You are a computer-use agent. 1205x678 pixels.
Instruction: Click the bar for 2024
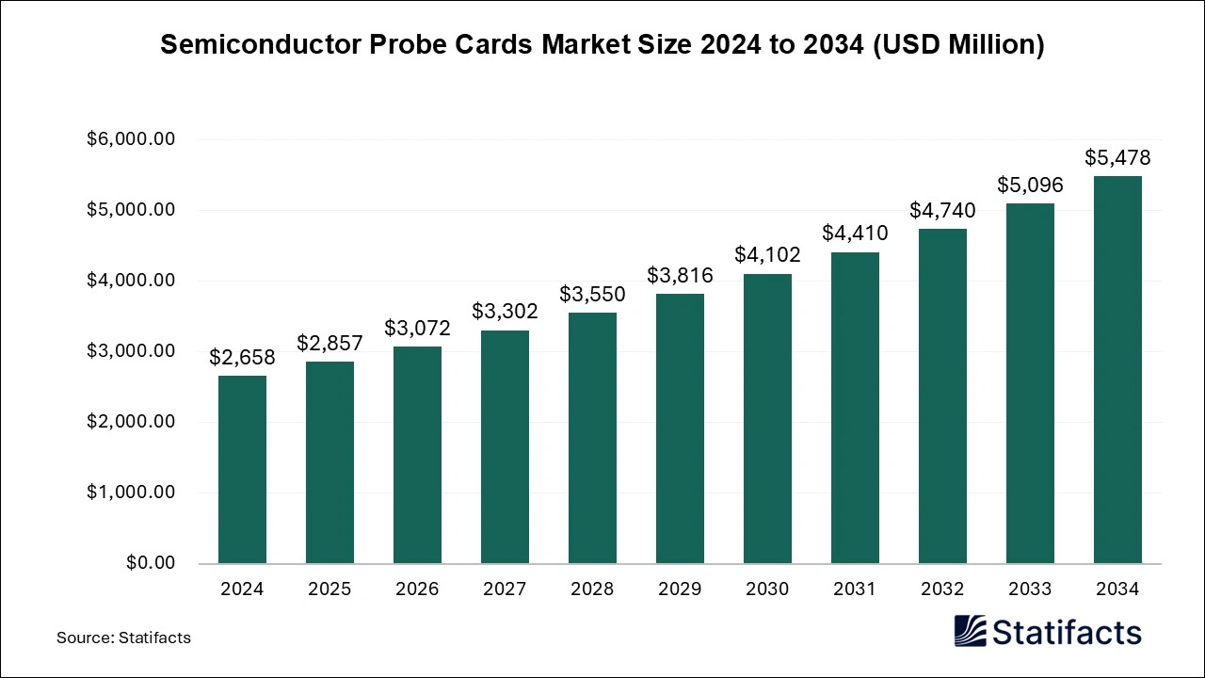tap(242, 469)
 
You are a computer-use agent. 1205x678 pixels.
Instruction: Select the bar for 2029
tap(680, 428)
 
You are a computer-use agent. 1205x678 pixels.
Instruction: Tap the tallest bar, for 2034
tap(1117, 369)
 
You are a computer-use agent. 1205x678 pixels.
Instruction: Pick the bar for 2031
tap(855, 408)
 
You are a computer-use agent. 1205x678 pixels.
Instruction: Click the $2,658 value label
tap(242, 357)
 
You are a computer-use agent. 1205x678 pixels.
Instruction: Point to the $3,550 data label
tap(592, 294)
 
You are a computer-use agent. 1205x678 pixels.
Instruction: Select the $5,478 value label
tap(1117, 157)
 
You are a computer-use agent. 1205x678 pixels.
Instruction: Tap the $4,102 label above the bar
tap(767, 254)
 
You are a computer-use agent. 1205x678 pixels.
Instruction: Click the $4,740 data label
tap(942, 210)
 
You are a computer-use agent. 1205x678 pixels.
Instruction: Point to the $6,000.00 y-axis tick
tap(131, 139)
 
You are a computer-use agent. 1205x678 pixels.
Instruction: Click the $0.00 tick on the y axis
tap(150, 563)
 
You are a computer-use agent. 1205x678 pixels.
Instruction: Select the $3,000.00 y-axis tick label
tap(131, 351)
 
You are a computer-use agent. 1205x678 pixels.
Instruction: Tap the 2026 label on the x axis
tap(417, 589)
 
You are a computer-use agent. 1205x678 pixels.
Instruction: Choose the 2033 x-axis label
tap(1030, 589)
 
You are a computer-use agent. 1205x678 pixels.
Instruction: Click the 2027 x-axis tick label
tap(505, 589)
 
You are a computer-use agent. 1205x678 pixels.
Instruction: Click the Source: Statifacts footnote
tap(123, 638)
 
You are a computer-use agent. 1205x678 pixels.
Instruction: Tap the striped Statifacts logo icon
tap(971, 631)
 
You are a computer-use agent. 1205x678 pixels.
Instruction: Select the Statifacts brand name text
tap(1067, 632)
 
